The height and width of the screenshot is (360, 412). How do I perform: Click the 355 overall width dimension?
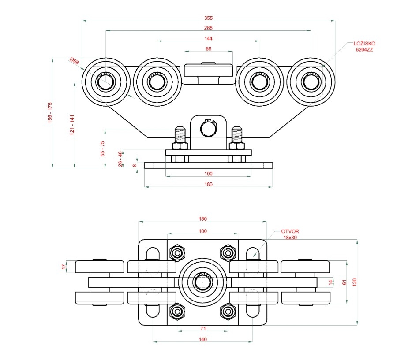(208, 18)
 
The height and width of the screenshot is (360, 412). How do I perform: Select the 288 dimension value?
(208, 28)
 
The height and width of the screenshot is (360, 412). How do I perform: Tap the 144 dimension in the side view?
(208, 38)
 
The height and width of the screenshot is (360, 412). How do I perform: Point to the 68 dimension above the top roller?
(208, 48)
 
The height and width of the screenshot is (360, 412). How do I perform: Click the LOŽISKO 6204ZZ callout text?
(364, 47)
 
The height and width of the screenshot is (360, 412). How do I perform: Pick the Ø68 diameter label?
(74, 61)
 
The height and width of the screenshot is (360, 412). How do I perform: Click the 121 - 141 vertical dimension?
(72, 125)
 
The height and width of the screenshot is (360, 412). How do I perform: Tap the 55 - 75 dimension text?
(103, 149)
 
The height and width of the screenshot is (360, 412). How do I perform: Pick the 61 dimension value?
(345, 282)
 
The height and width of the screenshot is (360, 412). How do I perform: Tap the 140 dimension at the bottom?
(202, 339)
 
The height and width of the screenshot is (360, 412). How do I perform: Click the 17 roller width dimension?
(64, 267)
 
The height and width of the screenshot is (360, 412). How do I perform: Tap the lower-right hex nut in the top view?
(228, 311)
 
